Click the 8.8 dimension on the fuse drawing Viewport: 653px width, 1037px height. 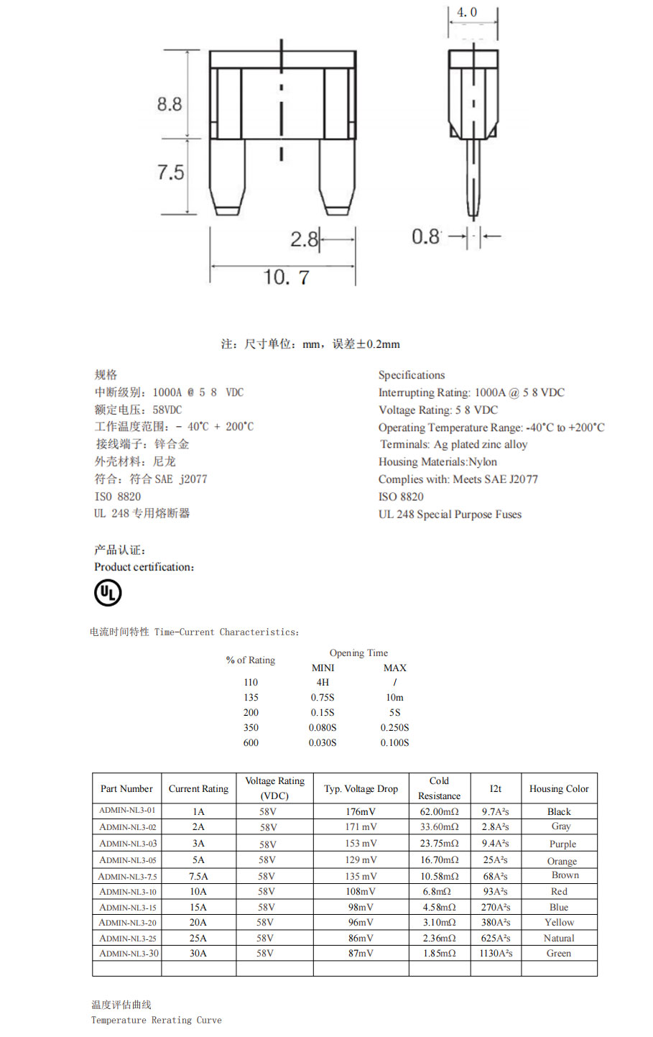pyautogui.click(x=170, y=104)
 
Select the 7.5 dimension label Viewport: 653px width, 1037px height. pyautogui.click(x=170, y=172)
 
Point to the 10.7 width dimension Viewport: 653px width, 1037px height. pyautogui.click(x=286, y=277)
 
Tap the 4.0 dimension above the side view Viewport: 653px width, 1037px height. pyautogui.click(x=467, y=12)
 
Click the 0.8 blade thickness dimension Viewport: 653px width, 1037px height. pyautogui.click(x=425, y=236)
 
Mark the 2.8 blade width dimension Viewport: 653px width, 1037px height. pyautogui.click(x=304, y=239)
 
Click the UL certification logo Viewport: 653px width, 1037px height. pyautogui.click(x=108, y=593)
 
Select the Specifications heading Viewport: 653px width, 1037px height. pyautogui.click(x=412, y=375)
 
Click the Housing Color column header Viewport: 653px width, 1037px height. pyautogui.click(x=559, y=788)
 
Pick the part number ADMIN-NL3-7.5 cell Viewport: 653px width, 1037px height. pyautogui.click(x=127, y=876)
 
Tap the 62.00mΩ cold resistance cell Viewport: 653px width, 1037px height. pyautogui.click(x=439, y=811)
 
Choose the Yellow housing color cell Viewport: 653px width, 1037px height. pyautogui.click(x=559, y=922)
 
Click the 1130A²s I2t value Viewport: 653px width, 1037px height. pyautogui.click(x=496, y=953)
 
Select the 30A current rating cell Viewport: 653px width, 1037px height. pyautogui.click(x=198, y=953)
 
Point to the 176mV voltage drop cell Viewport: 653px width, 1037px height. pyautogui.click(x=361, y=811)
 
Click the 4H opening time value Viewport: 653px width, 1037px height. pyautogui.click(x=323, y=682)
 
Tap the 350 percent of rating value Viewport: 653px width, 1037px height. pyautogui.click(x=251, y=727)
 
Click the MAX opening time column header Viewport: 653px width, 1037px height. pyautogui.click(x=394, y=668)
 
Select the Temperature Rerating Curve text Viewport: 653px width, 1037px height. pyautogui.click(x=156, y=1020)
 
